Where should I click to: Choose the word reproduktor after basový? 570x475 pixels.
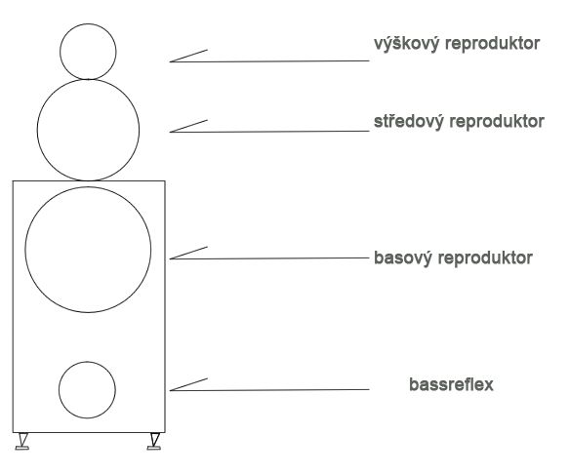coord(485,258)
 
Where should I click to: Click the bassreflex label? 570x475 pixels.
coord(451,384)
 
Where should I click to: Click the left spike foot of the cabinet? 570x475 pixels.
coord(22,442)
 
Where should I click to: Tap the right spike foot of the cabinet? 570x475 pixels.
coord(154,442)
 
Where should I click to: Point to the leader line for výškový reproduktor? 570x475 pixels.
coord(269,61)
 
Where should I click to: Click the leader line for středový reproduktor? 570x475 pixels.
coord(269,132)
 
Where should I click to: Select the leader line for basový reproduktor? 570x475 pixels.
coord(269,258)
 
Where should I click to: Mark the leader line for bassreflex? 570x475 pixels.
coord(269,390)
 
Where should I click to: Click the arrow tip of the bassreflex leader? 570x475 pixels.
coord(170,390)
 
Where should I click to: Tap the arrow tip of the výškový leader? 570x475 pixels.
coord(170,61)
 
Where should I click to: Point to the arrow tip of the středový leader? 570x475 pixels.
coord(170,132)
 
